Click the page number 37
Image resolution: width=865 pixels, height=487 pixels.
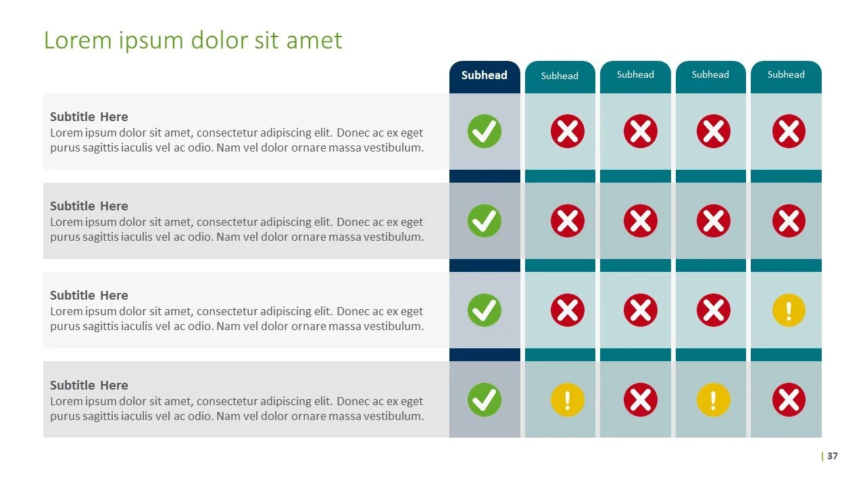coord(832,456)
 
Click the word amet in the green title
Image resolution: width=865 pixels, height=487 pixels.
coord(314,40)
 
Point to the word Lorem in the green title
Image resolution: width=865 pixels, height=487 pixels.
coord(76,40)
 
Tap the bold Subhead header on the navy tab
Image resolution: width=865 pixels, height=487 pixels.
coord(485,75)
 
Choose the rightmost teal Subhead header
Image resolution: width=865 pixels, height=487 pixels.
coord(786,74)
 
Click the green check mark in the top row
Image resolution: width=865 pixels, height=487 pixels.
coord(485,131)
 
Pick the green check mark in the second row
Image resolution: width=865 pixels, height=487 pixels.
coord(485,221)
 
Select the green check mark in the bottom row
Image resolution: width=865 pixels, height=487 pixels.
coord(485,400)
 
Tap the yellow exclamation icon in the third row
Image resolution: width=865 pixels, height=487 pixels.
coord(789,310)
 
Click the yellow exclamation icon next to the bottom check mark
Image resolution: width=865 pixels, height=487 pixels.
coord(568,400)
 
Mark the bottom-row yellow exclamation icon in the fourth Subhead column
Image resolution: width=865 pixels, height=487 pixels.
coord(714,400)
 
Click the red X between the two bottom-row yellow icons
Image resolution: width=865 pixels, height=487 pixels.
coord(641,400)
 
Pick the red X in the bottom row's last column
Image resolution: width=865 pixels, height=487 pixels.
coord(789,400)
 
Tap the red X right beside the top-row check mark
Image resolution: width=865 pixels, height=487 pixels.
coord(568,131)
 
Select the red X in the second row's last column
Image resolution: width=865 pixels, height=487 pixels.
coord(789,221)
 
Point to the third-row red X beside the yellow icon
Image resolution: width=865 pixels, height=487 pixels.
coord(714,310)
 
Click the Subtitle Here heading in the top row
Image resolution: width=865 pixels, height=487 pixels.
coord(89,116)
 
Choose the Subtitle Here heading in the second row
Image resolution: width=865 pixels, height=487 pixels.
coord(89,206)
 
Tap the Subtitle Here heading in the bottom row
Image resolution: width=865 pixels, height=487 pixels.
coord(89,385)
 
